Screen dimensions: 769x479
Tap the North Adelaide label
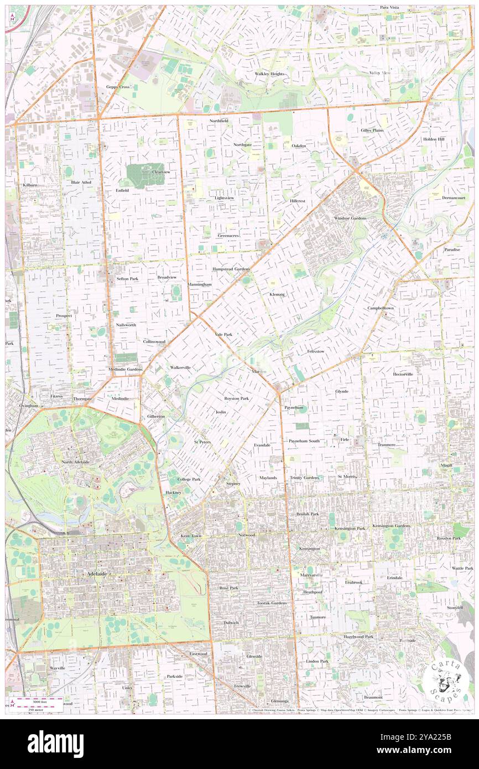pos(75,461)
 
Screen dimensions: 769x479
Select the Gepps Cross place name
pos(118,87)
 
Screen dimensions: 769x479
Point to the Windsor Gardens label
pos(350,218)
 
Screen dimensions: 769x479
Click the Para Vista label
pos(389,7)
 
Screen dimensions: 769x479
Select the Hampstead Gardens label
pos(231,269)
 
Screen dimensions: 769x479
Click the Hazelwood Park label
pos(358,637)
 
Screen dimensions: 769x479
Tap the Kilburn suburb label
pos(30,184)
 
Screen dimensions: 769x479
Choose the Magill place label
pos(446,465)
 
